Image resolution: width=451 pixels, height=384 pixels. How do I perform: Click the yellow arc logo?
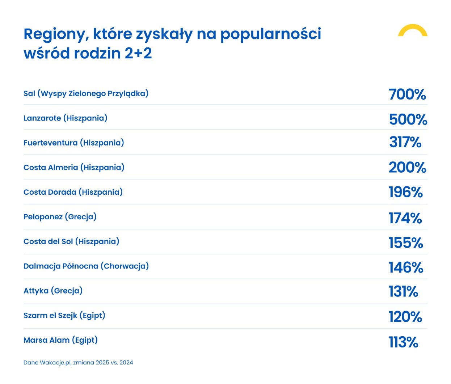pyautogui.click(x=413, y=30)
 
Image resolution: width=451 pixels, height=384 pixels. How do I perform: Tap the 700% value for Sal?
pyautogui.click(x=407, y=94)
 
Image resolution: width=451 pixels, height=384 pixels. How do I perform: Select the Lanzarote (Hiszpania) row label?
pyautogui.click(x=65, y=118)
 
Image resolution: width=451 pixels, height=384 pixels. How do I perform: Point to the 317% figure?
pyautogui.click(x=405, y=142)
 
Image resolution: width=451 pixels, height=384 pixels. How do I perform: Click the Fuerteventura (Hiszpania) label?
pyautogui.click(x=73, y=143)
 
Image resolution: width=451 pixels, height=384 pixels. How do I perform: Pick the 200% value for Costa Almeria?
pyautogui.click(x=407, y=168)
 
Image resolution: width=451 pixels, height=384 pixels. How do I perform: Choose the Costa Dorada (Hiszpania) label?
pyautogui.click(x=73, y=192)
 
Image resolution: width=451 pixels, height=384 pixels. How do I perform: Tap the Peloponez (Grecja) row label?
pyautogui.click(x=60, y=217)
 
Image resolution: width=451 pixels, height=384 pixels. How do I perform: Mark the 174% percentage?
pyautogui.click(x=405, y=218)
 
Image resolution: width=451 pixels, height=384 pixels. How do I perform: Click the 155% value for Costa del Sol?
pyautogui.click(x=405, y=243)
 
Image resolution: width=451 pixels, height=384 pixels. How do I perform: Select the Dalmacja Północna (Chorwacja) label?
pyautogui.click(x=86, y=266)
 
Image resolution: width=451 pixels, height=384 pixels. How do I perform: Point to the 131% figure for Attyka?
pyautogui.click(x=403, y=292)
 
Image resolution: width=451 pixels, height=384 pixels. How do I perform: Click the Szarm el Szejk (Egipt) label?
pyautogui.click(x=64, y=316)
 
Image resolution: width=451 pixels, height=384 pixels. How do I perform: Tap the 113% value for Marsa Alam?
pyautogui.click(x=403, y=342)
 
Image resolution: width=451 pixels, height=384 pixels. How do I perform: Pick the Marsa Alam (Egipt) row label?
pyautogui.click(x=60, y=340)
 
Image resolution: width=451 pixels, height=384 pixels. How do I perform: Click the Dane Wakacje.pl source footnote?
pyautogui.click(x=78, y=363)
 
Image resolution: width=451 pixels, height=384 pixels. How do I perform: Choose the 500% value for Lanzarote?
pyautogui.click(x=408, y=119)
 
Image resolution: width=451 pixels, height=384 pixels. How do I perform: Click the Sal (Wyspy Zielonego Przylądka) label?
pyautogui.click(x=86, y=94)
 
